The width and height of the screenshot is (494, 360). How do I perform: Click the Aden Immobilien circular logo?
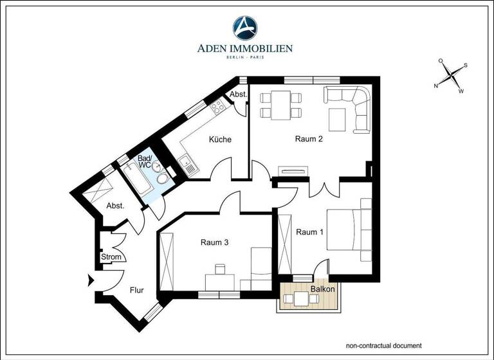pyautogui.click(x=244, y=28)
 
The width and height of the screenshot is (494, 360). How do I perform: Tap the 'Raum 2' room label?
pyautogui.click(x=309, y=139)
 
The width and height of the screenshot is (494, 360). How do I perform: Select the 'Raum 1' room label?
pyautogui.click(x=309, y=232)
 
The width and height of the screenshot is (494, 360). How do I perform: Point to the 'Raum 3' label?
pyautogui.click(x=214, y=242)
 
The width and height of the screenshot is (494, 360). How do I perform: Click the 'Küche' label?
pyautogui.click(x=219, y=139)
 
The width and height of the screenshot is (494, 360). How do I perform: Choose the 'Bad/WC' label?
pyautogui.click(x=145, y=161)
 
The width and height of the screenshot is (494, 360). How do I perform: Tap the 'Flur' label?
pyautogui.click(x=136, y=290)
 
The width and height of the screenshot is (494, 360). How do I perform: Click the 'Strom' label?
pyautogui.click(x=111, y=258)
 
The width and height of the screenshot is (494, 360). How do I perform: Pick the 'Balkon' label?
pyautogui.click(x=322, y=289)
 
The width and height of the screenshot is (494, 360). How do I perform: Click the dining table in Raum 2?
pyautogui.click(x=280, y=105)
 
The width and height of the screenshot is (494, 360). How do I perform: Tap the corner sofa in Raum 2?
pyautogui.click(x=352, y=106)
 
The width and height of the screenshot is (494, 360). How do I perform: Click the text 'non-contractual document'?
pyautogui.click(x=383, y=345)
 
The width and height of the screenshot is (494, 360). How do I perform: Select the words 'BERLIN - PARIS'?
pyautogui.click(x=244, y=57)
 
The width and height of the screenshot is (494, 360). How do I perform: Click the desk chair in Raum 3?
pyautogui.click(x=220, y=269)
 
